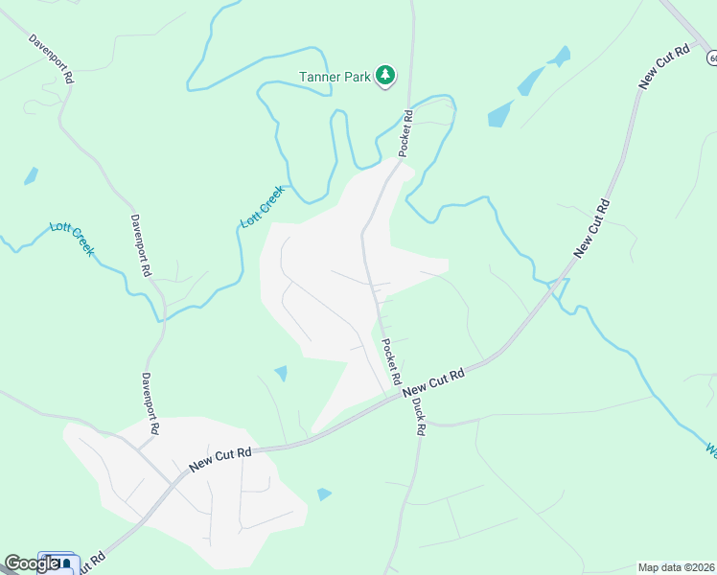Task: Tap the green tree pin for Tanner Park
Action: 385,75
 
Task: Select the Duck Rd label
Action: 418,415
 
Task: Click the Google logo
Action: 32,564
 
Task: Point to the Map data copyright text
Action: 677,567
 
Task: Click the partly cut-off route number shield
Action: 712,58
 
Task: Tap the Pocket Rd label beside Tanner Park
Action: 406,133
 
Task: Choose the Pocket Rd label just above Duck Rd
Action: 389,356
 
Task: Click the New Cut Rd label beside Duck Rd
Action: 433,382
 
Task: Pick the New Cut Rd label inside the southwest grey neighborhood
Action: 220,458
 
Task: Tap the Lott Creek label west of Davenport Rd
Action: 72,238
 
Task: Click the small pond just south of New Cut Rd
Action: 324,494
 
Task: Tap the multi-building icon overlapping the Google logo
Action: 59,562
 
